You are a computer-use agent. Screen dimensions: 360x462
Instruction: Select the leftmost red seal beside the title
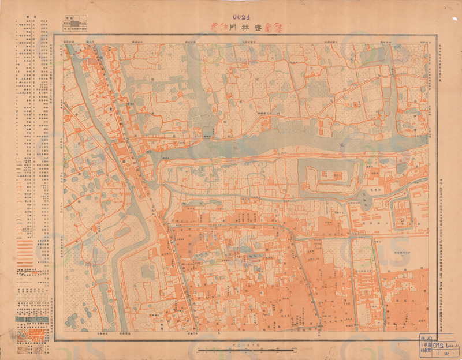[215, 27]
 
